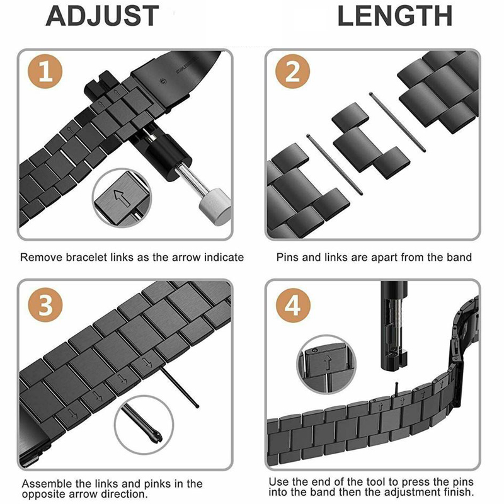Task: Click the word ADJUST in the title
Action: point(101,16)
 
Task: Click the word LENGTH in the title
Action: point(395,16)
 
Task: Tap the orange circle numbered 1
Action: point(45,73)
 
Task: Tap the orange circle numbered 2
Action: point(292,73)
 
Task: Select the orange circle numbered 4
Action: point(292,307)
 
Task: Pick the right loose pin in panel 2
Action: point(398,123)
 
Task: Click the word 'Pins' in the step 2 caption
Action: point(287,257)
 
